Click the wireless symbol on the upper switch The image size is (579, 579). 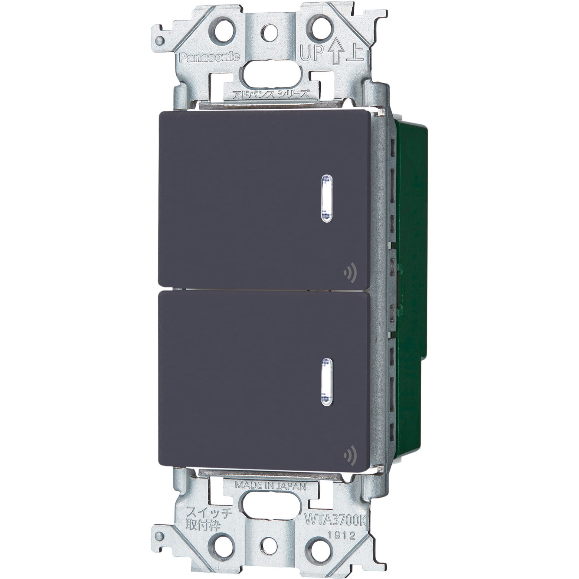tap(350, 274)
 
